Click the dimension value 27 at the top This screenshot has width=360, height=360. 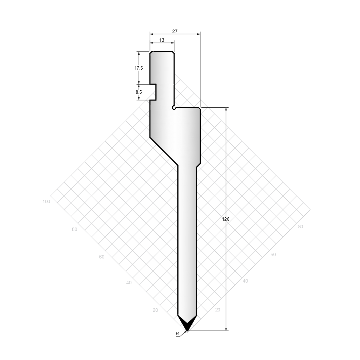(x=175, y=31)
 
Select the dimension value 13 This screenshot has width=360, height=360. (x=162, y=40)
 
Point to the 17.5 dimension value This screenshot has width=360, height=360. (x=139, y=68)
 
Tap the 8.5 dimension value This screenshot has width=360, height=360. (x=139, y=92)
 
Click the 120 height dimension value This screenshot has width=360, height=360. (x=226, y=219)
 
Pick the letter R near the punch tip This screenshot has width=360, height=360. (x=177, y=334)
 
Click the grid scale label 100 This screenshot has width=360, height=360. (x=46, y=202)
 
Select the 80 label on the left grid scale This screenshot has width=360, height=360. (x=74, y=229)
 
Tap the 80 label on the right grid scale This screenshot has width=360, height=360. (x=301, y=227)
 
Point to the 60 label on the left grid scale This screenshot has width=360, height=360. (x=102, y=257)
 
